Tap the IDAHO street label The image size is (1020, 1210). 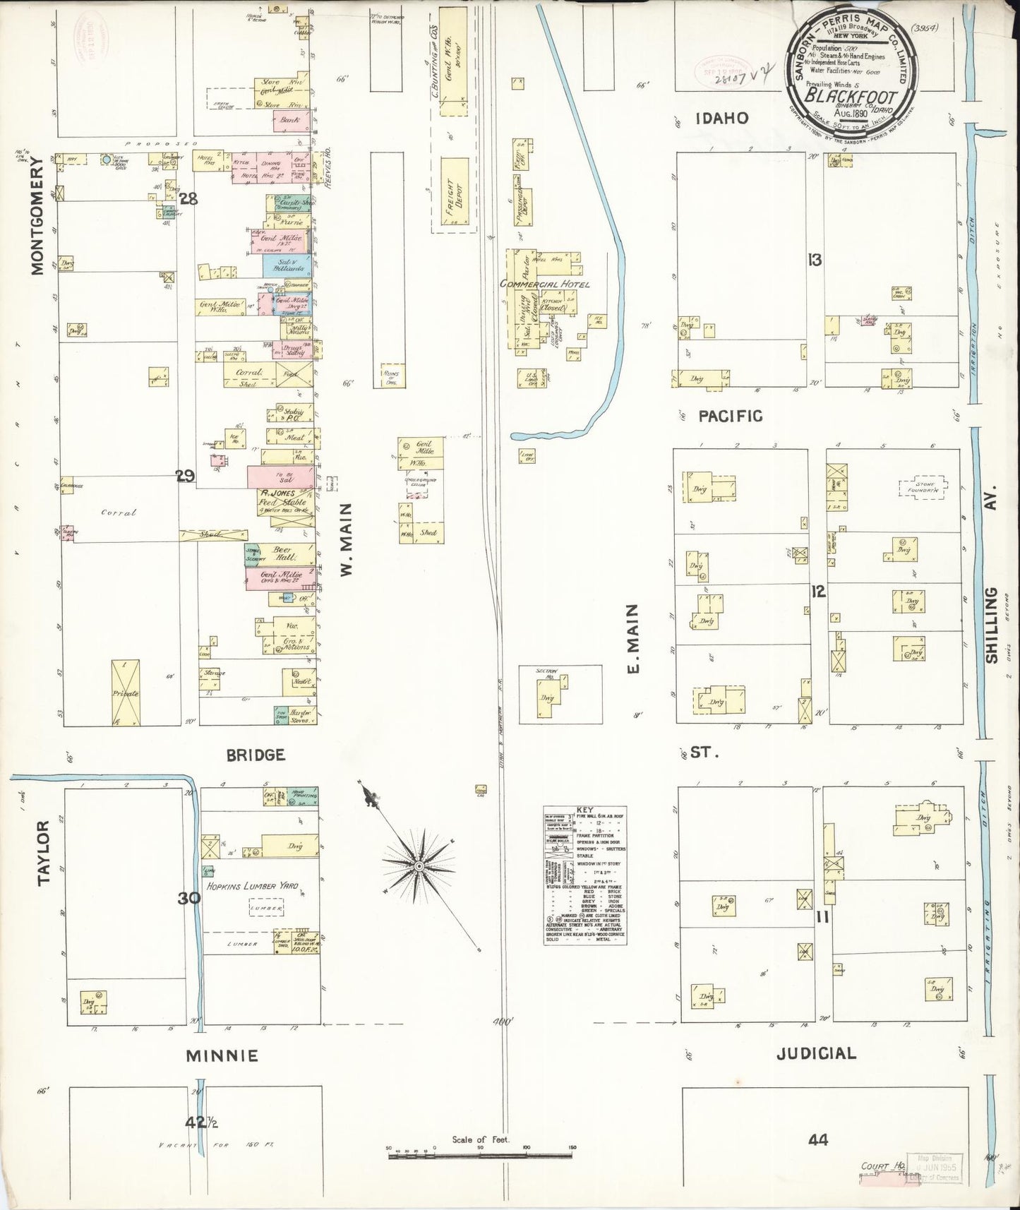(721, 119)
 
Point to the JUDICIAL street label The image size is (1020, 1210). (816, 1053)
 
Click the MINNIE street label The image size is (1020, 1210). (222, 1056)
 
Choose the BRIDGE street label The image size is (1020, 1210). (256, 755)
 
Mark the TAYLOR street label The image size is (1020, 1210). (44, 852)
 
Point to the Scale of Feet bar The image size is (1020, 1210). (480, 1155)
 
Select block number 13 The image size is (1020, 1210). (815, 260)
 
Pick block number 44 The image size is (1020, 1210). (817, 1139)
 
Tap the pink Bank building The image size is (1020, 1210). (289, 121)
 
